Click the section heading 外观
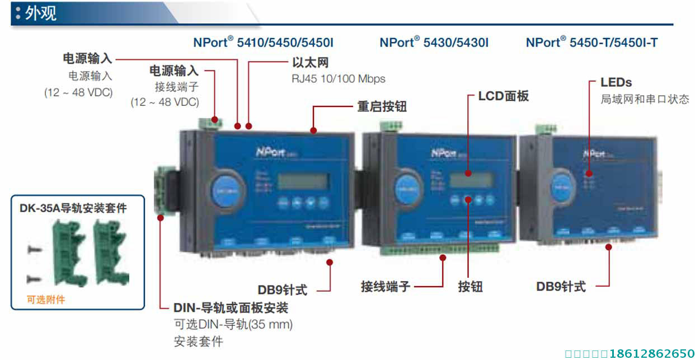tap(40, 13)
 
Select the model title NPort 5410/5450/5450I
tap(263, 43)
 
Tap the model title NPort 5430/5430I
tap(434, 43)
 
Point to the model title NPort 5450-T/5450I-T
tap(591, 43)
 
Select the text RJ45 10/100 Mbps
tap(338, 79)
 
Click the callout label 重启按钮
tap(382, 106)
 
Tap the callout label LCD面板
tap(503, 96)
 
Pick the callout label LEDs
tap(616, 82)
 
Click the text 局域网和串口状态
tap(645, 100)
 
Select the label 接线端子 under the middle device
tap(386, 287)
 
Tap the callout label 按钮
tap(470, 287)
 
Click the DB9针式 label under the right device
tap(561, 287)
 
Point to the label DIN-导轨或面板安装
tap(231, 307)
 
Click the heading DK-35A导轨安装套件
tap(73, 209)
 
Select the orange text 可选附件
tap(46, 300)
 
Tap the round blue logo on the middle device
tap(408, 188)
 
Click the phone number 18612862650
tap(652, 353)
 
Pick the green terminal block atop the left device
tap(208, 121)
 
